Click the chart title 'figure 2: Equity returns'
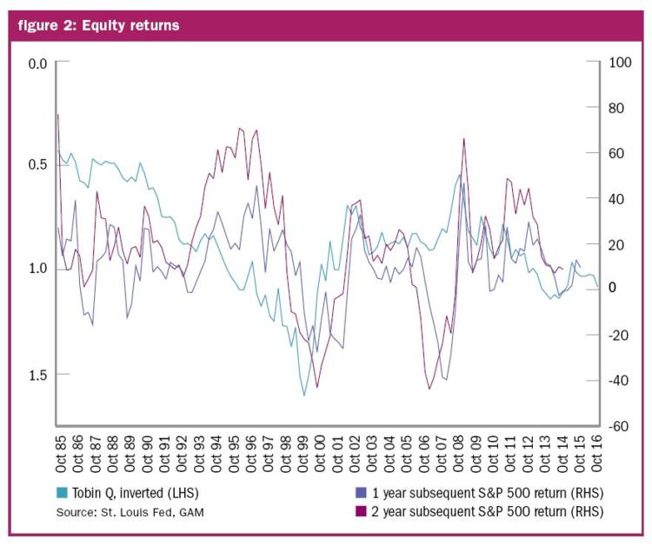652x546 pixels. pyautogui.click(x=98, y=25)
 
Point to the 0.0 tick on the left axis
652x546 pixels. pyautogui.click(x=38, y=63)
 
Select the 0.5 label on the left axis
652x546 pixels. pyautogui.click(x=38, y=164)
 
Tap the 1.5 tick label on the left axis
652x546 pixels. pyautogui.click(x=38, y=375)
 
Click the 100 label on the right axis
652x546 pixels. pyautogui.click(x=620, y=63)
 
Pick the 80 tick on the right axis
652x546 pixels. pyautogui.click(x=616, y=108)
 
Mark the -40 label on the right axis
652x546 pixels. pyautogui.click(x=618, y=380)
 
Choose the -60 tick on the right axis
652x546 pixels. pyautogui.click(x=618, y=426)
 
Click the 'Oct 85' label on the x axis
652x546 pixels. pyautogui.click(x=61, y=454)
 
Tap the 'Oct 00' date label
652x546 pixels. pyautogui.click(x=319, y=454)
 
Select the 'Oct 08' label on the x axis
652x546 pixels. pyautogui.click(x=457, y=454)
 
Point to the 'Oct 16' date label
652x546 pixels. pyautogui.click(x=595, y=454)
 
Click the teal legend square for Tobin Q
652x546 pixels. pyautogui.click(x=62, y=493)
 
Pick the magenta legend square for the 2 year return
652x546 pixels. pyautogui.click(x=361, y=511)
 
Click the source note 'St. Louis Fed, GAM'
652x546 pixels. pyautogui.click(x=153, y=512)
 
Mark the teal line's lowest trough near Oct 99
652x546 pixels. pyautogui.click(x=304, y=395)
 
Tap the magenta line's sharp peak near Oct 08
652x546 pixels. pyautogui.click(x=463, y=139)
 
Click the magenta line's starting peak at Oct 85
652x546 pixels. pyautogui.click(x=57, y=115)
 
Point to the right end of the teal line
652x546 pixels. pyautogui.click(x=598, y=287)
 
